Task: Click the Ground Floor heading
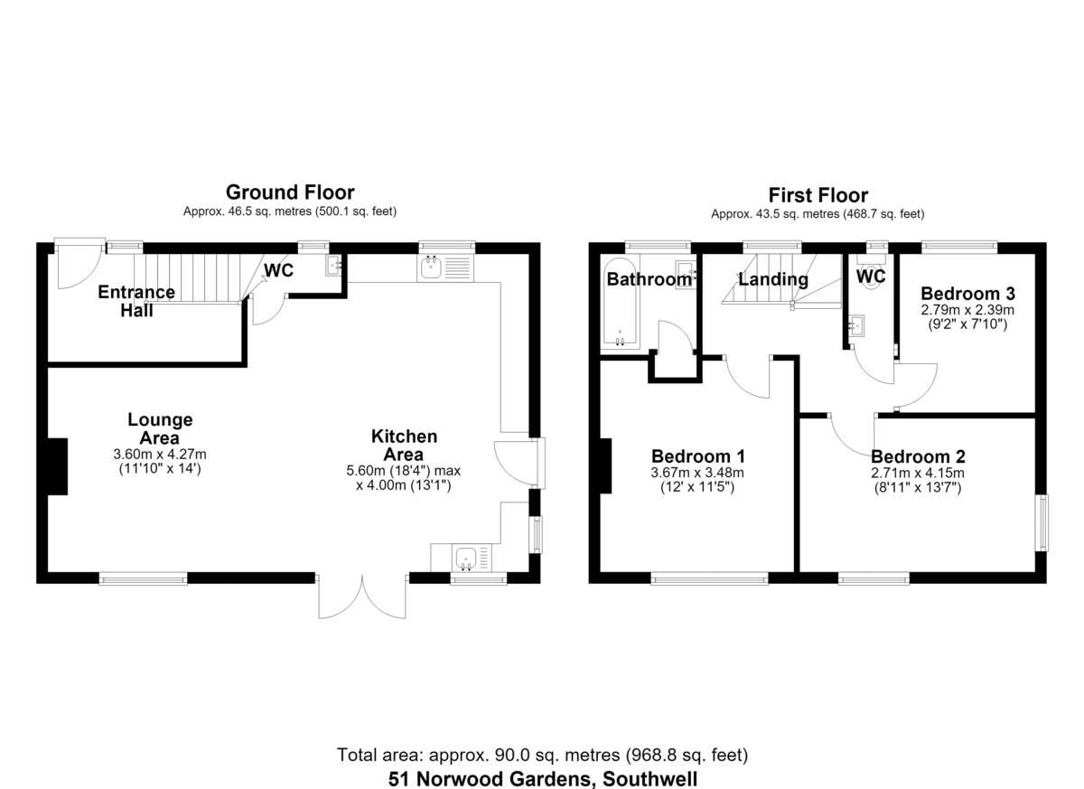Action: point(290,193)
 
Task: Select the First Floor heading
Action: point(818,195)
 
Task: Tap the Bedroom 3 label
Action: point(967,294)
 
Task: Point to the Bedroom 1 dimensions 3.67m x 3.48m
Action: point(697,473)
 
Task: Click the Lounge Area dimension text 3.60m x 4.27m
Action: point(160,454)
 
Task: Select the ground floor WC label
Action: point(279,270)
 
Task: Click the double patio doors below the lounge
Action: point(362,596)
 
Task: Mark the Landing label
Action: point(773,279)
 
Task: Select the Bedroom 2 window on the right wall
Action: point(1042,522)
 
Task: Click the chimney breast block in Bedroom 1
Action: point(606,465)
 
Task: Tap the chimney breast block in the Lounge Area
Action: point(58,466)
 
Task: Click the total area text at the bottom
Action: point(542,755)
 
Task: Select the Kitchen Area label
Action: point(404,446)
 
